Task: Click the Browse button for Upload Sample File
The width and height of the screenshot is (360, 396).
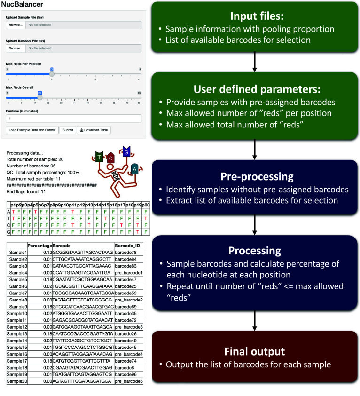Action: click(x=15, y=48)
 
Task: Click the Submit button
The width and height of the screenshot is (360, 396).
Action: click(x=68, y=130)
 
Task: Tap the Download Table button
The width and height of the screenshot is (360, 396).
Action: click(x=94, y=130)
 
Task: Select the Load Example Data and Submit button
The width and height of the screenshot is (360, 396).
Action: click(x=32, y=130)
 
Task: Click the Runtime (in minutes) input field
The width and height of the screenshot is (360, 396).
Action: click(x=73, y=118)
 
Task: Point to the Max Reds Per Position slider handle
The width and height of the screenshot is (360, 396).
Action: click(x=52, y=73)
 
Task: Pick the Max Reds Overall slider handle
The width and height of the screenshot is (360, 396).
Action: click(x=40, y=97)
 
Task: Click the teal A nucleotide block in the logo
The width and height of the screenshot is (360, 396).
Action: click(x=135, y=168)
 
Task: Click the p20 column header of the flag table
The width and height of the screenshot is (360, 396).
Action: click(x=146, y=206)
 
